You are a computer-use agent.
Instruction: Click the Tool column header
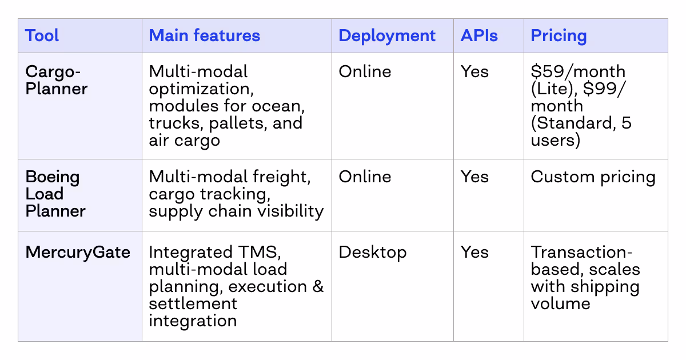pyautogui.click(x=42, y=35)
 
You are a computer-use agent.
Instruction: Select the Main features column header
pyautogui.click(x=204, y=35)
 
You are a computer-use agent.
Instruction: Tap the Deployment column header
pyautogui.click(x=387, y=35)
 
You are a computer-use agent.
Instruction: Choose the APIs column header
pyautogui.click(x=479, y=35)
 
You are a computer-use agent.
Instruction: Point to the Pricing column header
pyautogui.click(x=559, y=35)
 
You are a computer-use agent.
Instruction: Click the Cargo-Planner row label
pyautogui.click(x=57, y=80)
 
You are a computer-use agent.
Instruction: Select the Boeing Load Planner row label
pyautogui.click(x=55, y=194)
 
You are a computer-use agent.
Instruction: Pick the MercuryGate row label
pyautogui.click(x=78, y=252)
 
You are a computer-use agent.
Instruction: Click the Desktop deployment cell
pyautogui.click(x=372, y=252)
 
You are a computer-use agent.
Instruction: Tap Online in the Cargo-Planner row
pyautogui.click(x=365, y=71)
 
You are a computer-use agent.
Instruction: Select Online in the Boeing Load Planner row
pyautogui.click(x=365, y=177)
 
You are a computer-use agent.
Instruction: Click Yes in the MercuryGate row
pyautogui.click(x=474, y=252)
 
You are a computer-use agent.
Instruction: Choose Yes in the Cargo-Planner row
pyautogui.click(x=474, y=71)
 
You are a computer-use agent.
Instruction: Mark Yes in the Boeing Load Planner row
pyautogui.click(x=474, y=177)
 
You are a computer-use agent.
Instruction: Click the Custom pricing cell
pyautogui.click(x=593, y=177)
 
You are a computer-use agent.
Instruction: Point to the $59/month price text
pyautogui.click(x=578, y=71)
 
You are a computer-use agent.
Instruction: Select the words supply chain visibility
pyautogui.click(x=236, y=211)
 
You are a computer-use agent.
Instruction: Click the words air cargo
pyautogui.click(x=184, y=140)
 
